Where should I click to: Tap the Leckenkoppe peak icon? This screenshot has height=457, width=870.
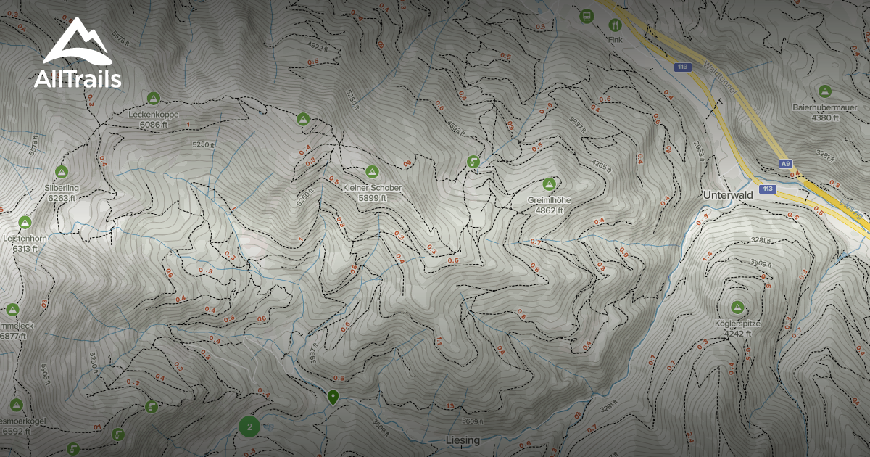[153, 98]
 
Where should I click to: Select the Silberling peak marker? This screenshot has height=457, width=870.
[62, 172]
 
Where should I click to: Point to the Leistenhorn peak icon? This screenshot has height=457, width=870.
[25, 221]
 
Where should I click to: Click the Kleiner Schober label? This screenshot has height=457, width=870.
[372, 188]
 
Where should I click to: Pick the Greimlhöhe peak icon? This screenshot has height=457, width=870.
[549, 184]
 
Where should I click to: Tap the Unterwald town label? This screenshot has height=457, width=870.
[729, 196]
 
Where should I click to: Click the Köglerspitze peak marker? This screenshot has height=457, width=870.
[738, 307]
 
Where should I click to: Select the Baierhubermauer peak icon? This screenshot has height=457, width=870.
[824, 91]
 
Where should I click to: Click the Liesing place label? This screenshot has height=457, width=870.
[462, 440]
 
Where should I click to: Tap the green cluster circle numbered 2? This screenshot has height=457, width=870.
[249, 427]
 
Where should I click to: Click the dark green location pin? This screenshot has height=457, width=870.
[333, 397]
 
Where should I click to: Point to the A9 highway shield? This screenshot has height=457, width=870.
[786, 165]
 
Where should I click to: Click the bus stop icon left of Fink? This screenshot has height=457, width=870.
[586, 15]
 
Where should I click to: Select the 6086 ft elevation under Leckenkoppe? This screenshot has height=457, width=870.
[153, 125]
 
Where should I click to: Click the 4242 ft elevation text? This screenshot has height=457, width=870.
[739, 334]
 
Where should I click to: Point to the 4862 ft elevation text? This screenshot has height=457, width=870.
[549, 210]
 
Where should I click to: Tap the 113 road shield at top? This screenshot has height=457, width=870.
[681, 67]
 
